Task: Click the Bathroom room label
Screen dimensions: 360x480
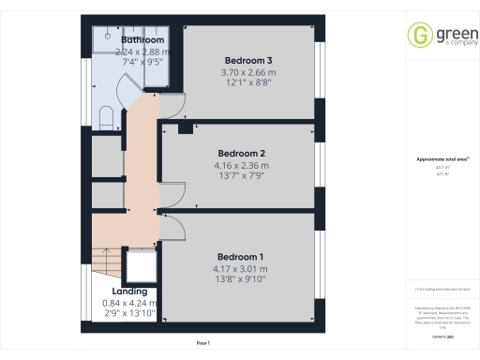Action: (142, 41)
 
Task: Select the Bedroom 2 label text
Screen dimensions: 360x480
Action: (242, 154)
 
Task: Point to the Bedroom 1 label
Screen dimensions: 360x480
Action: (241, 257)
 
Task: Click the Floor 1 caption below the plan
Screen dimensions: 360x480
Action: (203, 344)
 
